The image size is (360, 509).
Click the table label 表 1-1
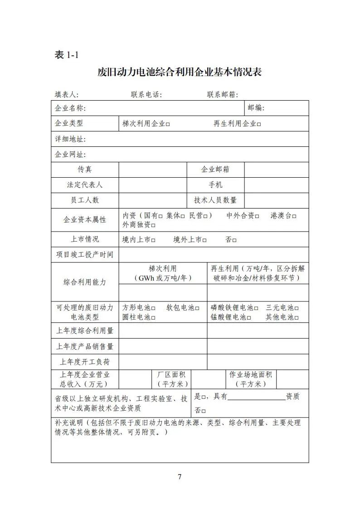(x=66, y=55)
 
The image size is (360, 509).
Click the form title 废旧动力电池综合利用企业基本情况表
(x=180, y=73)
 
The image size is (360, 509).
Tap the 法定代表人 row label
(x=85, y=185)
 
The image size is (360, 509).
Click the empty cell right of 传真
(x=152, y=170)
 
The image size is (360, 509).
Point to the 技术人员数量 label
(x=215, y=200)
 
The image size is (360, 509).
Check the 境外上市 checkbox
(x=204, y=240)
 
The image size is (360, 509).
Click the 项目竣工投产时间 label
(x=84, y=255)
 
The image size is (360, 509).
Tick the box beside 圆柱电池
(x=153, y=318)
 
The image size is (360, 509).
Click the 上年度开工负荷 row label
(x=85, y=362)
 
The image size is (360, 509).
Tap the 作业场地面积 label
(x=250, y=375)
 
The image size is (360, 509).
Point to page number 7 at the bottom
(x=180, y=477)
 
